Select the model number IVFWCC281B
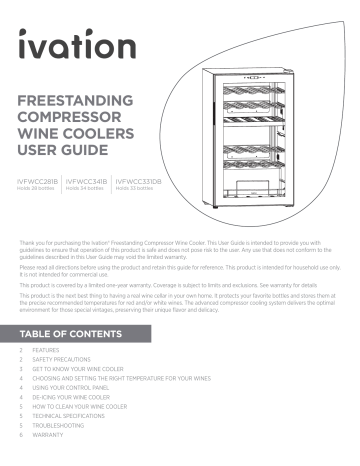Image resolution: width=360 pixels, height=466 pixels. coord(38,182)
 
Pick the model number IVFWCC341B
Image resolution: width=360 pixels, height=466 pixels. coord(87,182)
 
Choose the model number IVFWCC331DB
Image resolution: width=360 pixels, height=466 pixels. coord(139,182)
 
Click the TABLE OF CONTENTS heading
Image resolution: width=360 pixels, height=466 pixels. coord(75,332)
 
